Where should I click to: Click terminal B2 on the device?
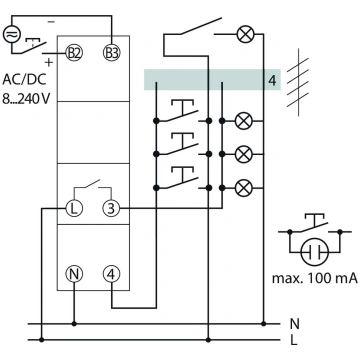(74, 53)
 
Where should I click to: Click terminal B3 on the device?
(112, 53)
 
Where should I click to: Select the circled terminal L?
(74, 208)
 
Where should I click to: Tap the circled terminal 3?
(111, 208)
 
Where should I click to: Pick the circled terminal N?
(74, 274)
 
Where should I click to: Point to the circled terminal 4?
(111, 274)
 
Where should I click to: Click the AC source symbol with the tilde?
(12, 34)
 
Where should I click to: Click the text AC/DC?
(24, 79)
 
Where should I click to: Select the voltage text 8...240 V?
(26, 99)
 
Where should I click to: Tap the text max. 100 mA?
(315, 278)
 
